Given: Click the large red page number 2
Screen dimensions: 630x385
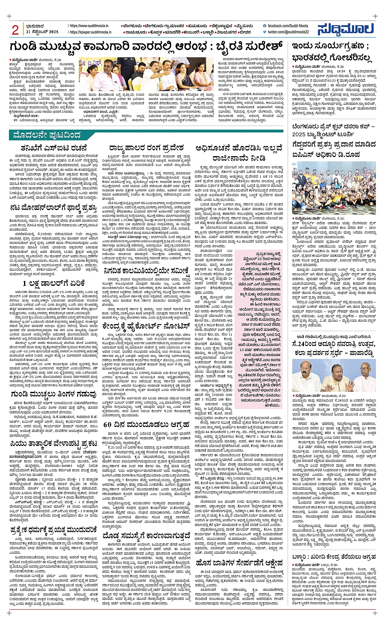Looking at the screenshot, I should pyautogui.click(x=15, y=30).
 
